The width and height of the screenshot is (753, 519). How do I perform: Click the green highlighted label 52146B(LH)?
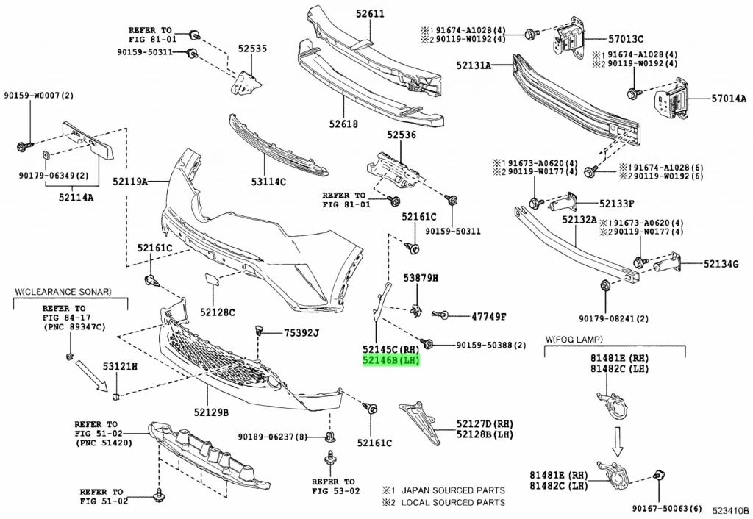coord(390,361)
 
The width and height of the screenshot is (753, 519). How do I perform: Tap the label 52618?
coord(343,124)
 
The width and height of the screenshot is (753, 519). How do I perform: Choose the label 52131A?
coord(472,65)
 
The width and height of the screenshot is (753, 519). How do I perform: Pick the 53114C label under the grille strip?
coord(268,181)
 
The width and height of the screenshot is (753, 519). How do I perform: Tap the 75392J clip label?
coord(301,334)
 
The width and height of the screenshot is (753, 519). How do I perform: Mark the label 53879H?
coord(420,278)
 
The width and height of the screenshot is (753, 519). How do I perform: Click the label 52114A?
coord(76,198)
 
